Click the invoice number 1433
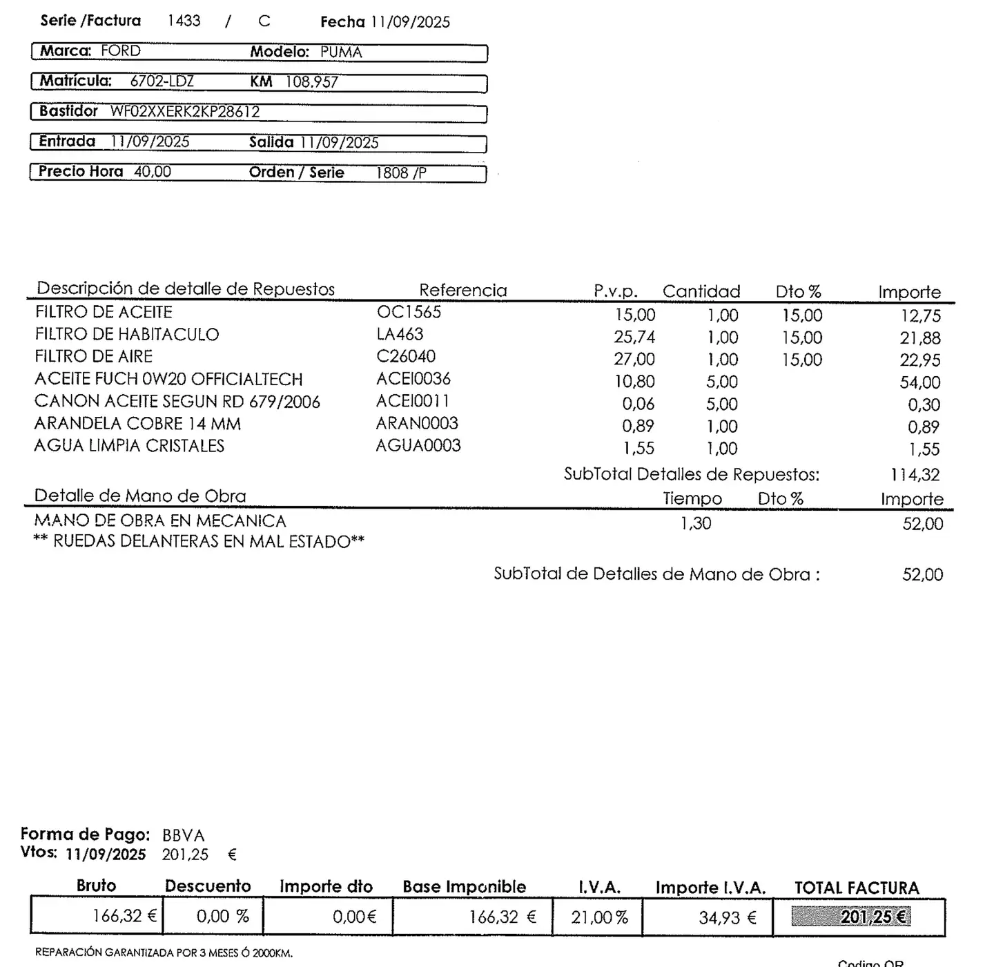coord(184,21)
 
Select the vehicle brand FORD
coord(121,51)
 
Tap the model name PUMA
coord(341,52)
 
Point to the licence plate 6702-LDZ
coord(162,81)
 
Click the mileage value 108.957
coord(312,82)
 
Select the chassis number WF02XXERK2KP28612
coord(185,112)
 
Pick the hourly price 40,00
coord(153,172)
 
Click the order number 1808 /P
coord(401,173)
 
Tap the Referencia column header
coord(462,291)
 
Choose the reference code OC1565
coord(409,312)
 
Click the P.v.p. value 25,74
coord(634,338)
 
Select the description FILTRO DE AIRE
coord(94,357)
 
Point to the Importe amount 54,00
coord(919,382)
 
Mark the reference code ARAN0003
coord(417,423)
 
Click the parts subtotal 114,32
coord(915,475)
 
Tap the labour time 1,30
coord(695,524)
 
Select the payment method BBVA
coord(183,836)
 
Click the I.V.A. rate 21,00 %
coord(599,918)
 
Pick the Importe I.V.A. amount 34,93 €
coord(728,918)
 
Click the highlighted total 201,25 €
coord(873,917)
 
